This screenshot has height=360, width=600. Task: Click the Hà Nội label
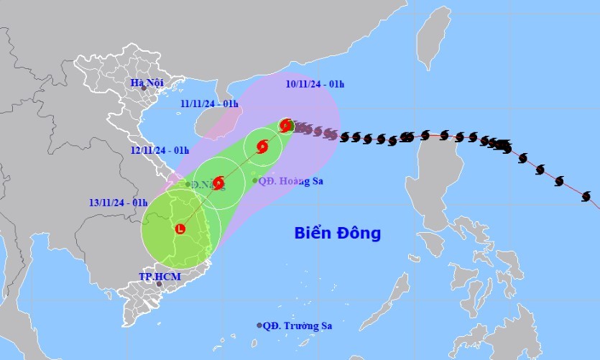pos(147,83)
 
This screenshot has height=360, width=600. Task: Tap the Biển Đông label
pos(337,234)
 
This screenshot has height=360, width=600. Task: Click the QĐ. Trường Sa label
pos(297,326)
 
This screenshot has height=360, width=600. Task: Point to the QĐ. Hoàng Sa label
pos(291,181)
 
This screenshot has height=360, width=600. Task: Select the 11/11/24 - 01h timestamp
pos(209,103)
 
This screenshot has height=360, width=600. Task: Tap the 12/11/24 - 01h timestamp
pos(160,150)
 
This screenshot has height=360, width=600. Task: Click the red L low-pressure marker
pos(180,229)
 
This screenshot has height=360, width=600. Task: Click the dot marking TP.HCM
pos(160,285)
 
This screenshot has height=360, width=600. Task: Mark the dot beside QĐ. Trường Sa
pos(259,326)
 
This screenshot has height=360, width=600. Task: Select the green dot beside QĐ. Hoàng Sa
pos(254,180)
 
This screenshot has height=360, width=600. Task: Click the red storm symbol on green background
pos(286,126)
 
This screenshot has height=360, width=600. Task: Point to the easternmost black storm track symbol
pos(586,196)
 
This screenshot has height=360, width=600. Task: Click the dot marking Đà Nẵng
pos(188,184)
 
